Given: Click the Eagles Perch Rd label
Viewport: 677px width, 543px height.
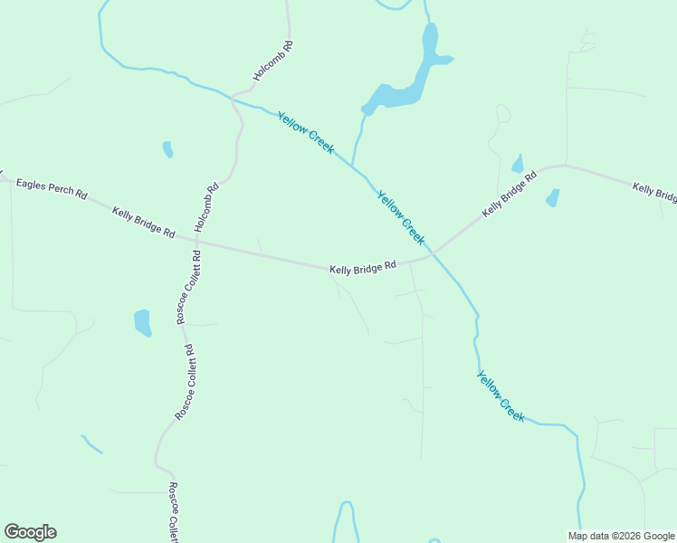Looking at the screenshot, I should [x=51, y=187].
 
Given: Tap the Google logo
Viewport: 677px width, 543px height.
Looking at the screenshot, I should [x=30, y=532].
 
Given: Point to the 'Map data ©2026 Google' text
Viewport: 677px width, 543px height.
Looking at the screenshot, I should [x=621, y=536].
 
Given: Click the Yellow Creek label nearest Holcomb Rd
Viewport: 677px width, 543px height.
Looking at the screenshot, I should [x=306, y=132].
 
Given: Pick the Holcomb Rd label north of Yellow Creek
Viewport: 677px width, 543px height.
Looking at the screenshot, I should [x=272, y=62].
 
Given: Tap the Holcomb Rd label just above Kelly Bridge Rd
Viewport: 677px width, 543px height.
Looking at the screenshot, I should [x=206, y=208].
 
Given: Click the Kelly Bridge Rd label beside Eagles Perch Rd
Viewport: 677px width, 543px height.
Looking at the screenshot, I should [x=143, y=223].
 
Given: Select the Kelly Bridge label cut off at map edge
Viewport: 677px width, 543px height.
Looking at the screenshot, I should [x=654, y=193].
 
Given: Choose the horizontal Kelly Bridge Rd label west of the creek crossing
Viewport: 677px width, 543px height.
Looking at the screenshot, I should [x=363, y=268].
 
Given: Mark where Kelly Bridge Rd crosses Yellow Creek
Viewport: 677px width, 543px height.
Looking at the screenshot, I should [x=433, y=252].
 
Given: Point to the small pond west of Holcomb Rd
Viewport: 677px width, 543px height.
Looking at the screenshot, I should [x=167, y=148].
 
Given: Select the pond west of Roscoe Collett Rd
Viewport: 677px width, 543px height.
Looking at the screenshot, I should [x=142, y=321].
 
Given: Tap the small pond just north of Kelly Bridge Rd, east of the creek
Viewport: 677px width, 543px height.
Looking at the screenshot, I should [x=518, y=165].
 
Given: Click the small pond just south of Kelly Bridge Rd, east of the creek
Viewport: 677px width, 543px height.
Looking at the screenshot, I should [x=552, y=197].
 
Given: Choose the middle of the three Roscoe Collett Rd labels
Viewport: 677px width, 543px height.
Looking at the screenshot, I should [x=184, y=383].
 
